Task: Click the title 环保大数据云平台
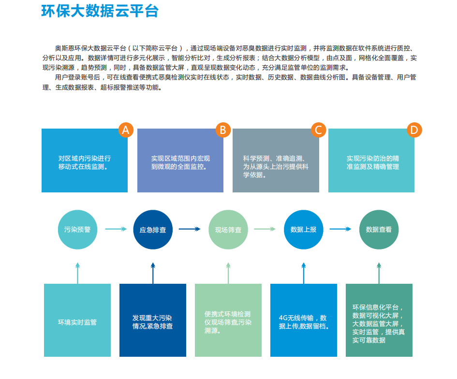tap(100, 11)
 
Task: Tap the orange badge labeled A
tap(126, 130)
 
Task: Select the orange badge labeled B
tap(223, 130)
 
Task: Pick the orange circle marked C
tap(319, 130)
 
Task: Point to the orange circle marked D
tap(414, 130)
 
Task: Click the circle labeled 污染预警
tap(77, 230)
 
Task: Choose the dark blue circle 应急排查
tap(153, 230)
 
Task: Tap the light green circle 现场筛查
tap(228, 230)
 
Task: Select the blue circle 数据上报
tap(303, 230)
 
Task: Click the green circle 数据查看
tap(379, 230)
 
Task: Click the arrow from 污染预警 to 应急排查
tap(116, 229)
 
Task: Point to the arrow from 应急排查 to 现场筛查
tap(190, 229)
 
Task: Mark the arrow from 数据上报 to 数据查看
tap(340, 229)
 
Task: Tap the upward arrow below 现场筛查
tap(228, 273)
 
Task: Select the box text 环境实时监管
tap(77, 322)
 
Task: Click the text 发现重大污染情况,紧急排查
tap(152, 322)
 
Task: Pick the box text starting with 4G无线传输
tap(304, 322)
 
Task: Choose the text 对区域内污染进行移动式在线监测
tap(84, 162)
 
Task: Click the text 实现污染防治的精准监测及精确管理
tap(373, 162)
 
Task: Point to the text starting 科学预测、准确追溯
tap(276, 167)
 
